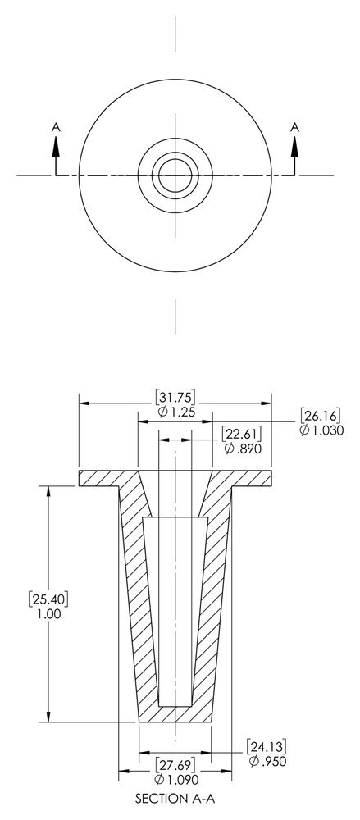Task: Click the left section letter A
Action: [x=56, y=126]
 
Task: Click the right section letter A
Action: [x=294, y=126]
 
